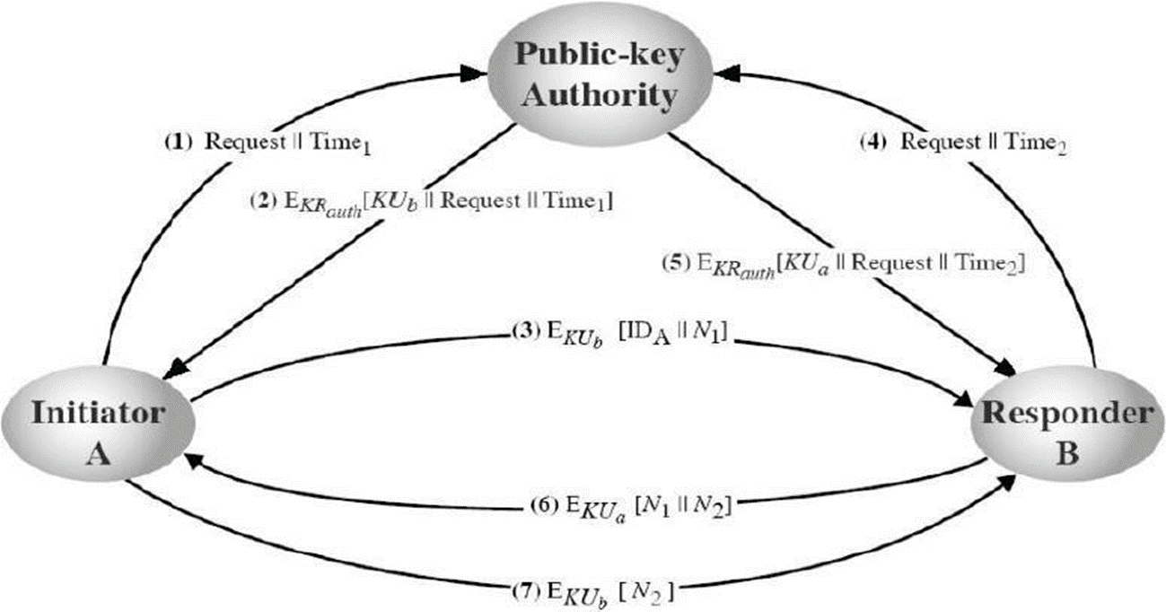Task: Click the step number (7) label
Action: click(x=523, y=591)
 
